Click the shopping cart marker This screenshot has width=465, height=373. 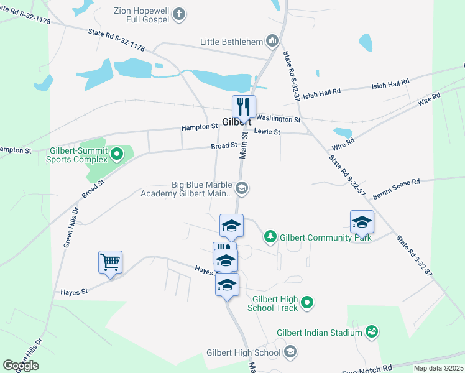point(110,262)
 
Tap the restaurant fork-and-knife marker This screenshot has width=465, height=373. point(244,106)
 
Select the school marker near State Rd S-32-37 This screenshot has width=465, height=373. point(362,221)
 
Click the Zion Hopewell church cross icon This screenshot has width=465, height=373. point(179,14)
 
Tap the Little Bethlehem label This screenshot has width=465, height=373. point(230,42)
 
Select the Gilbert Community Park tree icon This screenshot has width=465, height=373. point(270,236)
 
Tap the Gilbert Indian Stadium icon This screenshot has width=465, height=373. point(372,333)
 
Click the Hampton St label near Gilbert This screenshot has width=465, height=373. point(199,126)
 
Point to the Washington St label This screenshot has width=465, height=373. point(278,119)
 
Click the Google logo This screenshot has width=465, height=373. point(21,366)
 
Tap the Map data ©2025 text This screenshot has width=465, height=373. point(438,368)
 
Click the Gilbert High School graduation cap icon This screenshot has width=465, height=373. point(289,353)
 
